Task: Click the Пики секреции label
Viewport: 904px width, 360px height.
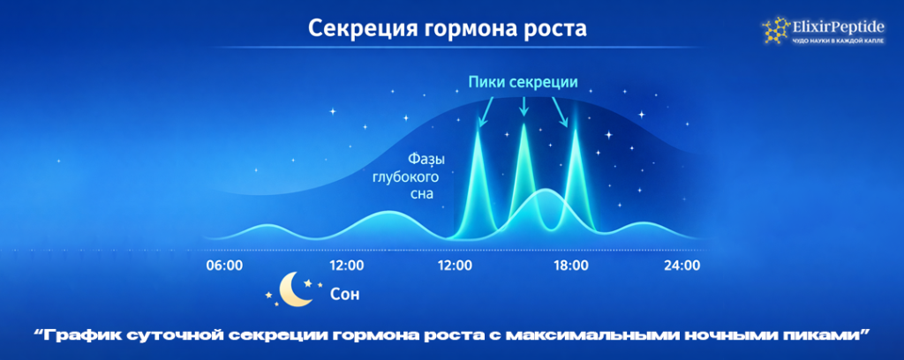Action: tap(523, 82)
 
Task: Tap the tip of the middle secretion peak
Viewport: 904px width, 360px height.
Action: tap(524, 126)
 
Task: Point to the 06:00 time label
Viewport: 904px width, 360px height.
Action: tap(224, 265)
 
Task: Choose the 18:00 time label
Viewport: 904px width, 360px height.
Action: tap(571, 265)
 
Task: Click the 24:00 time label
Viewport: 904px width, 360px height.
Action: tap(682, 265)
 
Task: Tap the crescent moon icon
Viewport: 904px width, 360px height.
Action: tap(292, 290)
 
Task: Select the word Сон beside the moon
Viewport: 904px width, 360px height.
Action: tap(344, 294)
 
